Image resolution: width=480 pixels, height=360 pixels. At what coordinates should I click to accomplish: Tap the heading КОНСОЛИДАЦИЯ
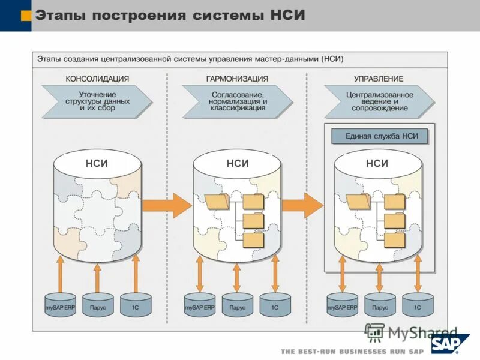[97, 79]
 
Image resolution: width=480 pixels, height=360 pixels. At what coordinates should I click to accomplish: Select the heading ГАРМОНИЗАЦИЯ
[237, 79]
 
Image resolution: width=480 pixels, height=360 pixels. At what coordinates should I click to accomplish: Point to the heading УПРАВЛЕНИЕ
[379, 79]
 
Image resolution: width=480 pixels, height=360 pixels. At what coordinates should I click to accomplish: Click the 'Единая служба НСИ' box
[379, 136]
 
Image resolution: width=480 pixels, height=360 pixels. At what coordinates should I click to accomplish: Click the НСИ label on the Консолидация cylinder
[97, 163]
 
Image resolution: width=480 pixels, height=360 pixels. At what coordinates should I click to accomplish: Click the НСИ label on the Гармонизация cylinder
[238, 163]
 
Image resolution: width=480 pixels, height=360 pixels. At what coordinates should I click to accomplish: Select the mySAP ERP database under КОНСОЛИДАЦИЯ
[61, 306]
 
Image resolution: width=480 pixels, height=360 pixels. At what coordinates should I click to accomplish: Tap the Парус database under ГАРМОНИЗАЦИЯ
[237, 306]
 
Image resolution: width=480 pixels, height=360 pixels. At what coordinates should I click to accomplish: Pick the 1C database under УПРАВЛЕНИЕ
[417, 306]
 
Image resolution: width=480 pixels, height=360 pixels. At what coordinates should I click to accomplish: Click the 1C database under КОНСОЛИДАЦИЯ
[136, 306]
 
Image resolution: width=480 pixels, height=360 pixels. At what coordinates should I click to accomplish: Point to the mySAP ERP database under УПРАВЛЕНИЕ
[342, 306]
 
